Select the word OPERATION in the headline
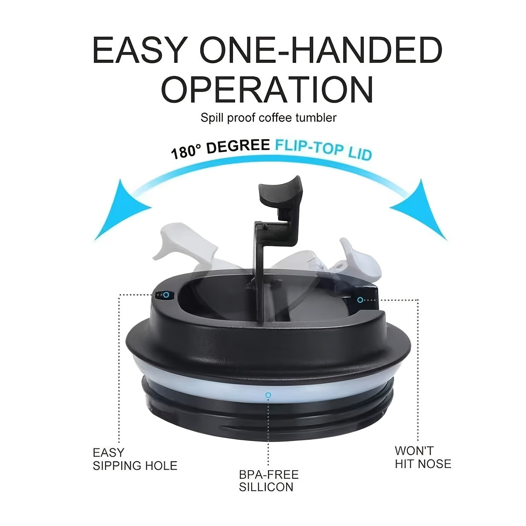pos(267,89)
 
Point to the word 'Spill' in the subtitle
pos(212,118)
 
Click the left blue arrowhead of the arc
pos(120,210)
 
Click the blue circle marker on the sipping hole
pos(166,294)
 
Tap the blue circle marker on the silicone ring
pos(268,395)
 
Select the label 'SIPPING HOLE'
pos(135,465)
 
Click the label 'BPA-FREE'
pos(269,475)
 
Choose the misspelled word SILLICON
pos(266,487)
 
